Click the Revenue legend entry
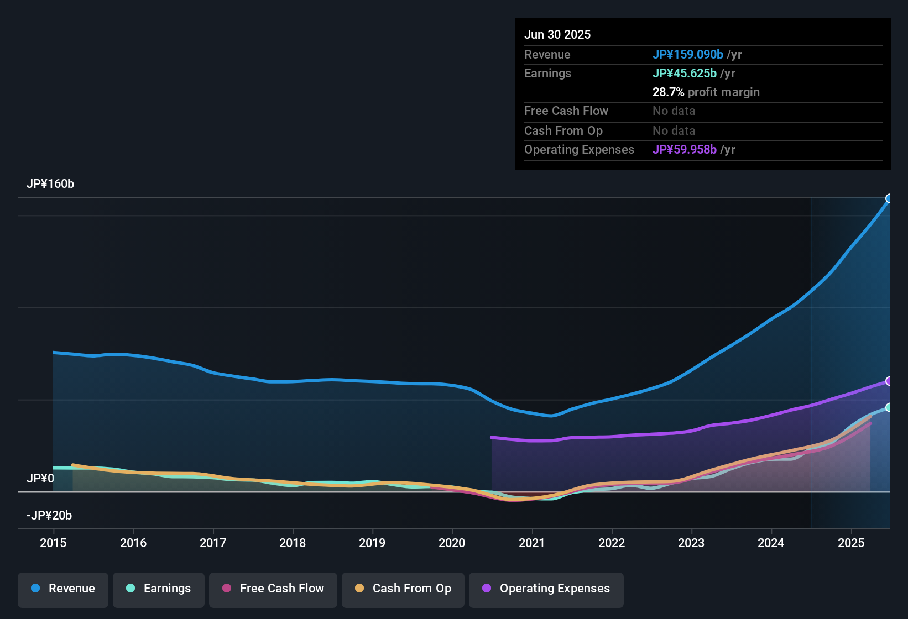pos(63,589)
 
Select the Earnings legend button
pos(159,589)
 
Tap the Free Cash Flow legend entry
pos(273,589)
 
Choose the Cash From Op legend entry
pos(403,589)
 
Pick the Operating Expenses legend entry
pos(546,589)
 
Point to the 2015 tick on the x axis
pos(53,543)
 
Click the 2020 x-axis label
pos(452,543)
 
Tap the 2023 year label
pos(691,543)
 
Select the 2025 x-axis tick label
pos(850,543)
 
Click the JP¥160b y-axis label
pos(50,184)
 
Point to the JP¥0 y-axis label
pos(40,478)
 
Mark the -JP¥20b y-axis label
pos(49,516)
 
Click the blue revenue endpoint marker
pos(889,198)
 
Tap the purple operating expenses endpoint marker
pos(889,381)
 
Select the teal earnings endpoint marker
pos(889,407)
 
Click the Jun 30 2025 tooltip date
pos(557,34)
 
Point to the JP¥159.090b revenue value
pos(688,54)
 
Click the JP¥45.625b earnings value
pos(685,74)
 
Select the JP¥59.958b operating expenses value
pos(685,150)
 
